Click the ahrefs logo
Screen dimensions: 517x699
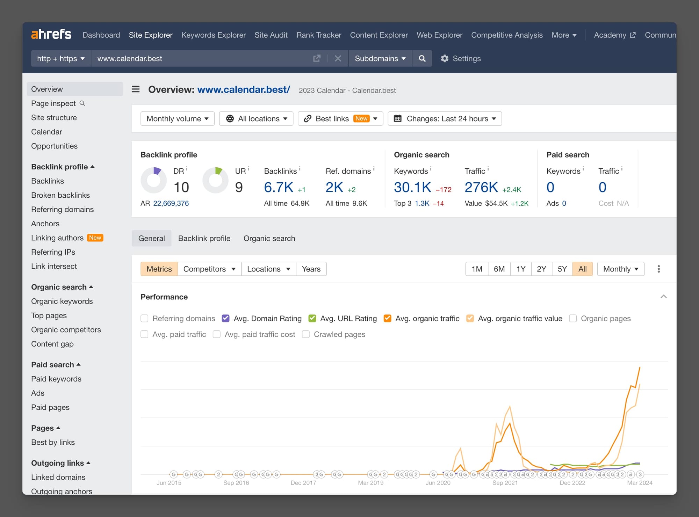click(51, 34)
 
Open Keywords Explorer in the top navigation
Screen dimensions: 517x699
click(213, 35)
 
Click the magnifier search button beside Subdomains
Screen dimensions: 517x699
click(422, 58)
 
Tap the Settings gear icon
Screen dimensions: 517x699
click(445, 58)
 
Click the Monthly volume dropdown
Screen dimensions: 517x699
click(177, 119)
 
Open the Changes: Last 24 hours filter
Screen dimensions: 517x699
click(445, 119)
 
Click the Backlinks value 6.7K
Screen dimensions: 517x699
click(279, 188)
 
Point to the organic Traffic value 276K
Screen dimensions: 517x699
click(481, 188)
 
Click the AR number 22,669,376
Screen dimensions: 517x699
click(171, 203)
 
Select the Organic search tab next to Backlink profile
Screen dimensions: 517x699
click(269, 238)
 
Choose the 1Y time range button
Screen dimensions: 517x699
click(521, 269)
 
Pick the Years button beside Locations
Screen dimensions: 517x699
click(311, 269)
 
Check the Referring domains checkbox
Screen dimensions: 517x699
click(144, 319)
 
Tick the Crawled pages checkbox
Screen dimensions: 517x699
click(306, 334)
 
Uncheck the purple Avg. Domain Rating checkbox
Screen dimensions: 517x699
click(226, 319)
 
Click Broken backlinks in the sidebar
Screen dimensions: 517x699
click(60, 195)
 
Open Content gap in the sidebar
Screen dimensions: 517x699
click(52, 344)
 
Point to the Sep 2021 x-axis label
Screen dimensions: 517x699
click(505, 483)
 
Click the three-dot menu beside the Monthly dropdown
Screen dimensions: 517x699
click(658, 269)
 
